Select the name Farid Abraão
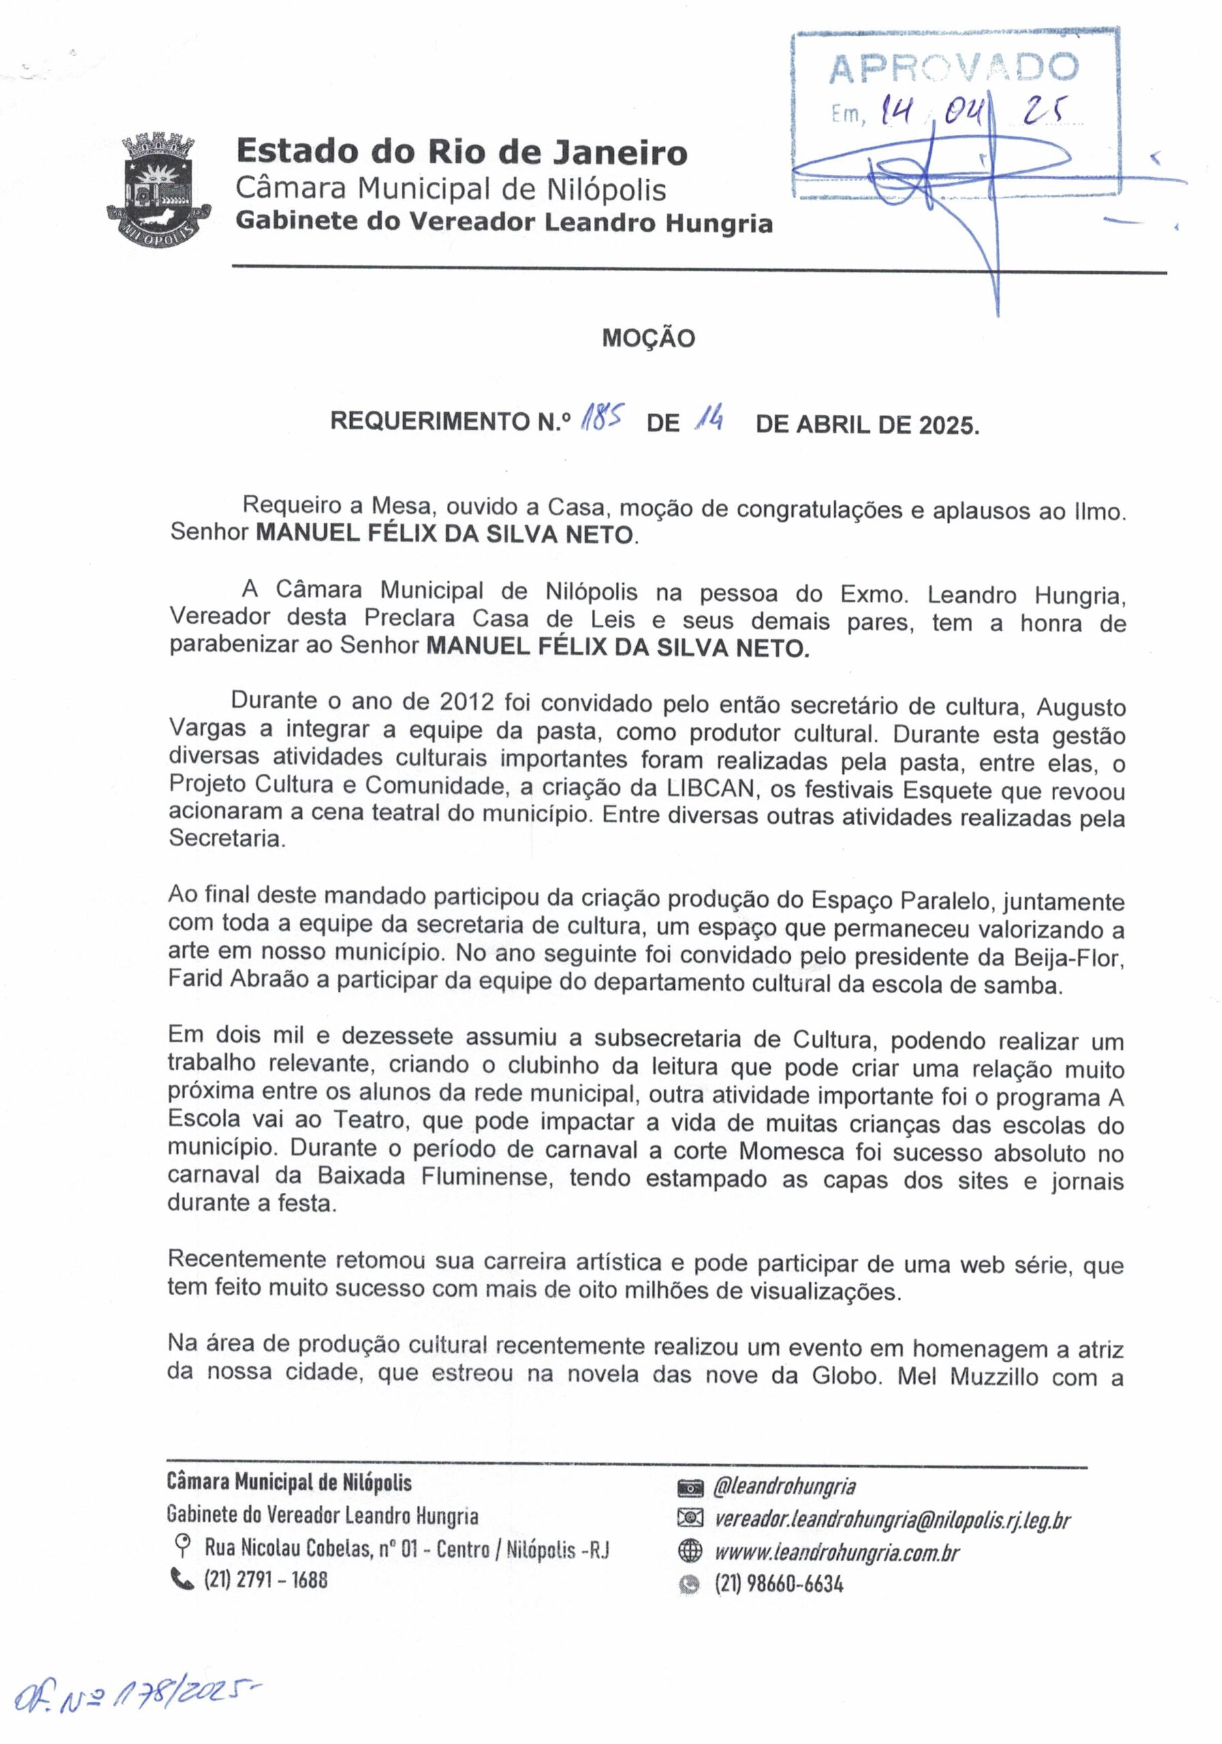coord(238,980)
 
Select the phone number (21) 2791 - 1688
coord(265,1579)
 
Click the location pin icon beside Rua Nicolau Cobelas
coord(183,1545)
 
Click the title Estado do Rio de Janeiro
coord(462,152)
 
